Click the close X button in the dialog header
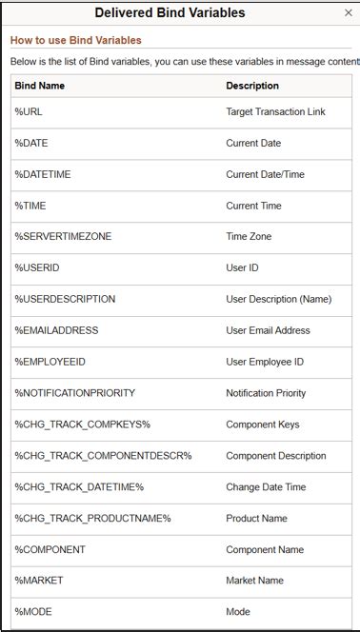tap(348, 13)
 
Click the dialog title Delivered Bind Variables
tap(170, 13)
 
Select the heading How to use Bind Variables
tap(76, 41)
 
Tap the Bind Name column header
tap(40, 86)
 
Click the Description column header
tap(252, 86)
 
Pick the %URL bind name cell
tap(29, 112)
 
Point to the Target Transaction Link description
tap(275, 112)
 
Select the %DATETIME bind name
tap(43, 175)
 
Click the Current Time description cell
tap(253, 206)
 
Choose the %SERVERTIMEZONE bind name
tap(63, 237)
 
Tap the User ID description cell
tap(242, 268)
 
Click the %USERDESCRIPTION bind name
tap(65, 299)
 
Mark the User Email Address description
tap(268, 330)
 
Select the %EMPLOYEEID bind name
tap(50, 362)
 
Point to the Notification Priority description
tap(266, 393)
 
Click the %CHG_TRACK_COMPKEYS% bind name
tap(82, 425)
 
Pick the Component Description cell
tap(275, 456)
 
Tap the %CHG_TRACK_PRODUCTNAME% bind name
tap(92, 519)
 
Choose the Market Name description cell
tap(254, 581)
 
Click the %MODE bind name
tap(32, 612)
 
